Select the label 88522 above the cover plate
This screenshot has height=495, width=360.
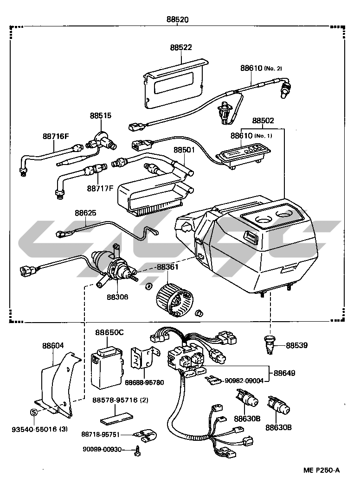pyautogui.click(x=181, y=48)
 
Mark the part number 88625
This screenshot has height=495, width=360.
pyautogui.click(x=85, y=214)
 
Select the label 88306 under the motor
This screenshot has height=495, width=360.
pyautogui.click(x=117, y=297)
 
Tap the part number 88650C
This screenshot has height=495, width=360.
pyautogui.click(x=109, y=332)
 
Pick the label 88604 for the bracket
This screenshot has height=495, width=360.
pyautogui.click(x=53, y=345)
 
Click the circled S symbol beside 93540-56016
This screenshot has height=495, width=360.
pyautogui.click(x=33, y=412)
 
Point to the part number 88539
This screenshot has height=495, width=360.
pyautogui.click(x=296, y=345)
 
